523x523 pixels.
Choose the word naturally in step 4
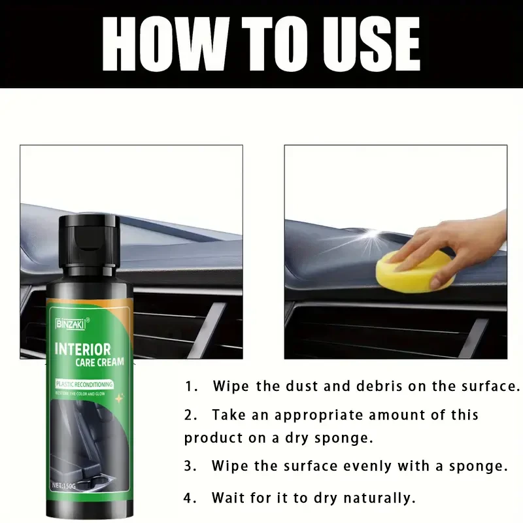[x=379, y=498]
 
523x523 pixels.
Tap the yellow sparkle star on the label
[x=120, y=397]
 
